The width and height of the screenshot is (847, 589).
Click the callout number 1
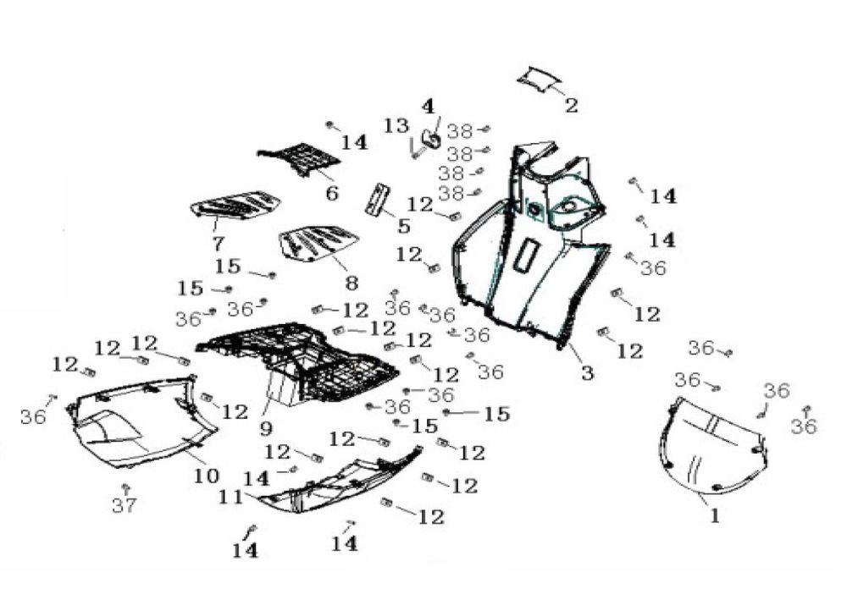point(715,515)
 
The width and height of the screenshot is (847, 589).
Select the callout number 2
point(572,106)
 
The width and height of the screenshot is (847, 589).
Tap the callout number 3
point(587,372)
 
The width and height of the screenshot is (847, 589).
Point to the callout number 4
point(428,107)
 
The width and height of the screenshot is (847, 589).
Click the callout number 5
point(403,226)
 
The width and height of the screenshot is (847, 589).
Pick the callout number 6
point(331,193)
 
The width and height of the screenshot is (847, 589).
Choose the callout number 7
point(218,244)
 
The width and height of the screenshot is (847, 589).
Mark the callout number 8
point(351,282)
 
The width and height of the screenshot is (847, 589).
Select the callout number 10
point(206,476)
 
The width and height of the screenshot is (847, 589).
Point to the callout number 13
point(396,126)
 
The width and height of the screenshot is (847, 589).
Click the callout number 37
point(124,506)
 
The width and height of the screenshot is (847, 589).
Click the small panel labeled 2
point(540,78)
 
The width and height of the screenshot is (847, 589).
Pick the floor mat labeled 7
point(236,205)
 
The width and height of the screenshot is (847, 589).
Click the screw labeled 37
point(126,488)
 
